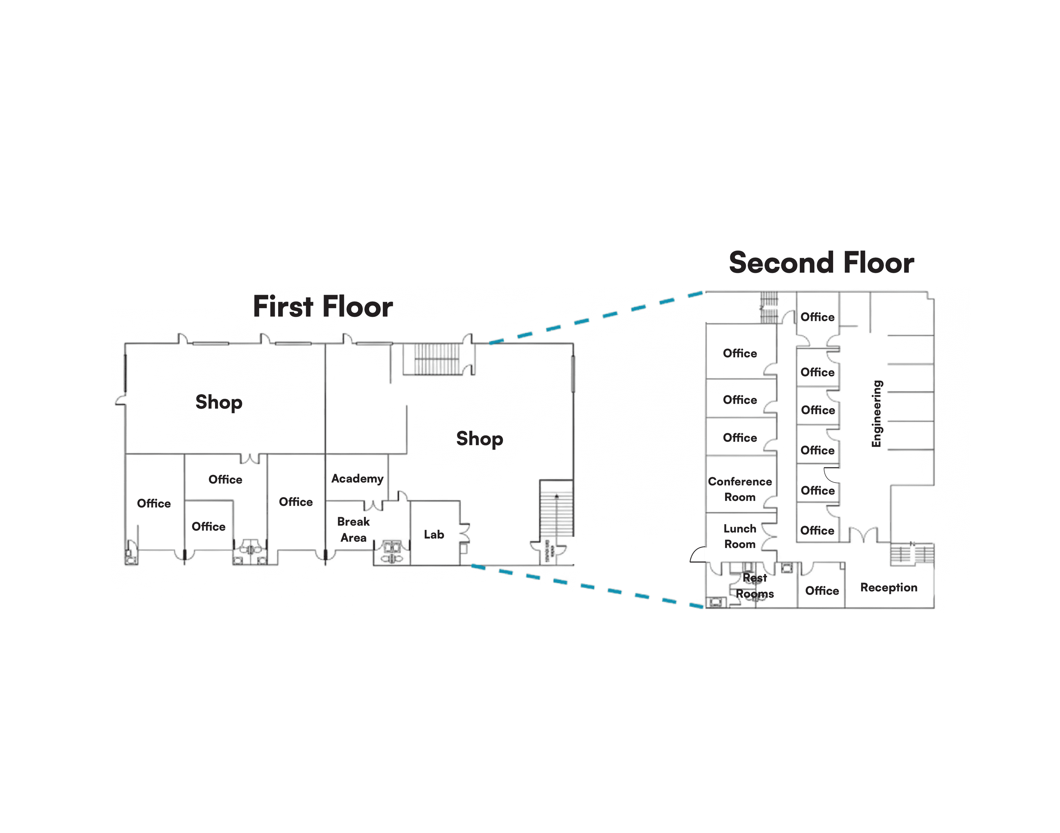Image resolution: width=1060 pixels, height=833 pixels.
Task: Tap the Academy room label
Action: click(x=357, y=478)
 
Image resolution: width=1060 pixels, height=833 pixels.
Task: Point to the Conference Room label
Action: click(x=740, y=489)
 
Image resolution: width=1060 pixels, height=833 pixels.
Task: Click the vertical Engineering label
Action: click(x=877, y=414)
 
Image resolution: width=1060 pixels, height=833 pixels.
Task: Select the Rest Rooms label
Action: click(x=754, y=586)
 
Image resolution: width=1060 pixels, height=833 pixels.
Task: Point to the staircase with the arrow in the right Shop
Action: click(x=556, y=510)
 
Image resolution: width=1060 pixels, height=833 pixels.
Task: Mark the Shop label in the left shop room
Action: click(x=219, y=402)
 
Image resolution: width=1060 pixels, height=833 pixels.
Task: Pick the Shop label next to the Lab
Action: click(x=479, y=439)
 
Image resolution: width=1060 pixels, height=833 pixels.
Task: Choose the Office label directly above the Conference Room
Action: click(x=740, y=437)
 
